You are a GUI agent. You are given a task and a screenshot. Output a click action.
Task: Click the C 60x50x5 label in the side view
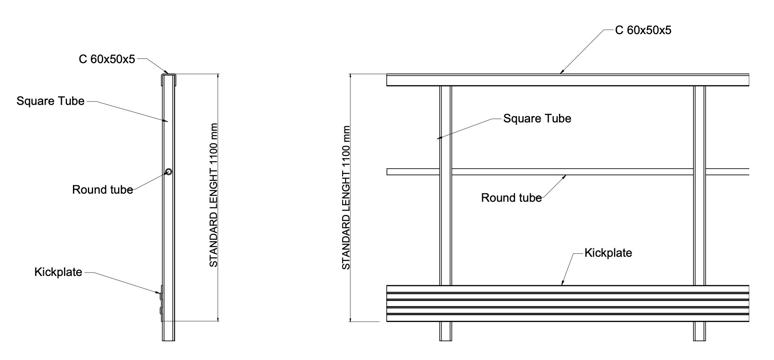(x=107, y=59)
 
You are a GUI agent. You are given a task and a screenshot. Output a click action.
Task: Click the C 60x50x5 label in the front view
(x=643, y=30)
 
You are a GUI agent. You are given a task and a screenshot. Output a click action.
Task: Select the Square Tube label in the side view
(x=50, y=101)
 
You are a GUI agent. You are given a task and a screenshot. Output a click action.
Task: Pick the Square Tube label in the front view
(x=537, y=118)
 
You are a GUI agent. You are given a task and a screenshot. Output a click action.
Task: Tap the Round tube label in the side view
(x=102, y=189)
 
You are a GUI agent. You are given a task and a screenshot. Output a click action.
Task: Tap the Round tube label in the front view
(x=511, y=197)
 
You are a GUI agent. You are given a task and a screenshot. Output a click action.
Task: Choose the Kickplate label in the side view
(x=58, y=272)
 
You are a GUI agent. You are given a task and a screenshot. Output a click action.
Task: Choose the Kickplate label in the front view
(x=608, y=253)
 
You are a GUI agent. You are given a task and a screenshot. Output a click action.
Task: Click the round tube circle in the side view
(x=169, y=171)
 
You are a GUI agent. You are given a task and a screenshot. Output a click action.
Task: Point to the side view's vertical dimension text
(x=214, y=195)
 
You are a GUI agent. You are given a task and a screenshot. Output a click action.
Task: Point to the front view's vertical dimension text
(x=346, y=198)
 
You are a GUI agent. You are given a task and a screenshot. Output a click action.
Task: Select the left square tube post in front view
(x=445, y=186)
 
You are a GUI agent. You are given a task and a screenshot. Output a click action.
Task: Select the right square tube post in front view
(x=699, y=186)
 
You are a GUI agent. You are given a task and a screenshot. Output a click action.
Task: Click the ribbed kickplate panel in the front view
(x=568, y=303)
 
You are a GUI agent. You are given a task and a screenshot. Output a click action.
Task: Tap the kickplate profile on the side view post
(x=161, y=303)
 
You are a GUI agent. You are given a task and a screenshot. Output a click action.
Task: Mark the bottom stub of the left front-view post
(x=445, y=331)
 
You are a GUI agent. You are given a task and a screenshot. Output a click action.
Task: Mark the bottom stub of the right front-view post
(x=699, y=331)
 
